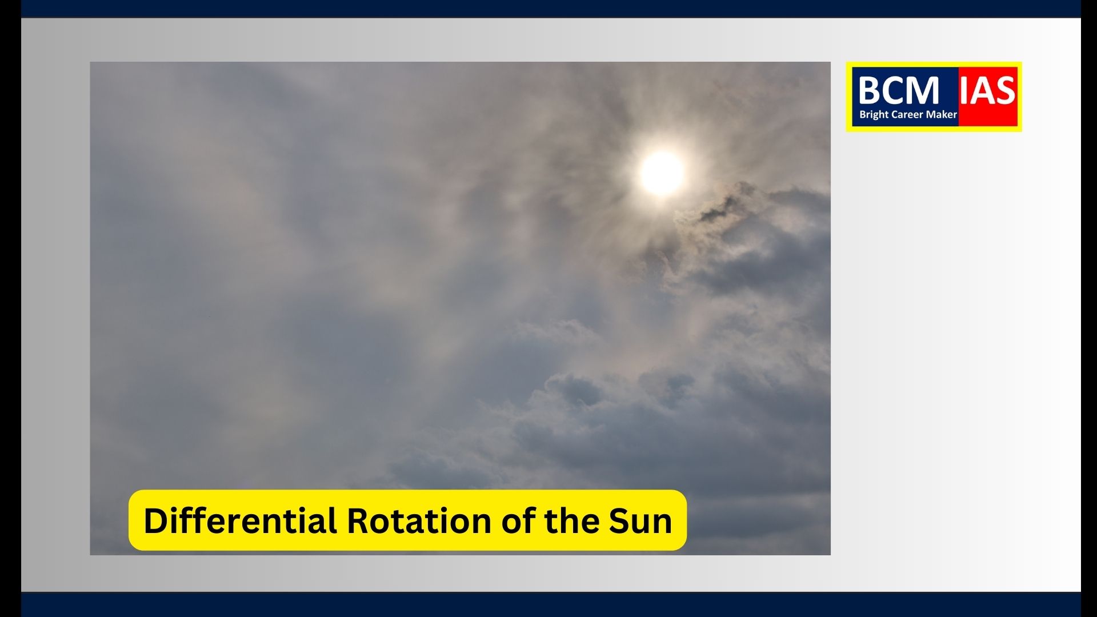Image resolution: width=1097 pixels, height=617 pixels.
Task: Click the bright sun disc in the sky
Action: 662,173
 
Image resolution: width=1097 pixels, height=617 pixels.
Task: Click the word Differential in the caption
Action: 240,521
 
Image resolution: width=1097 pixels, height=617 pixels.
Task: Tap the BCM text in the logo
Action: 899,90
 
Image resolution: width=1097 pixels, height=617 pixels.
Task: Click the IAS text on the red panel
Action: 987,90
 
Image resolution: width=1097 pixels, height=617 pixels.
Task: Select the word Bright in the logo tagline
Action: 874,115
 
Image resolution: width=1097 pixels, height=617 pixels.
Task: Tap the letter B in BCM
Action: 869,90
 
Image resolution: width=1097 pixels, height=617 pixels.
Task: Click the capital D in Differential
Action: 155,522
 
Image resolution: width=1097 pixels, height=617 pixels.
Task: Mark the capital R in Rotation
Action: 358,522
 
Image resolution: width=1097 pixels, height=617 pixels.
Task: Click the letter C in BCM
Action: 894,90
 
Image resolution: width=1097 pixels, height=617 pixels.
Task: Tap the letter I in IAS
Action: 964,90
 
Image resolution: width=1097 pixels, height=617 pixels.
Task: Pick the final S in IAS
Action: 1006,90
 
